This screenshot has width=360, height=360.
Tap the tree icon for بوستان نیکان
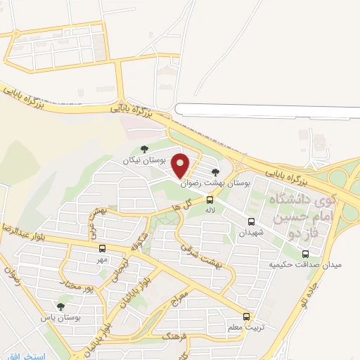pos(144,148)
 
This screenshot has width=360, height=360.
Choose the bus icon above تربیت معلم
pos(245,316)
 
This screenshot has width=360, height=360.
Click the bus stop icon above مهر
pos(103,248)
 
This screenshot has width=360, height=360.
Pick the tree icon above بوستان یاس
pos(60,306)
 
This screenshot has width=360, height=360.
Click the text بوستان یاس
pos(60,318)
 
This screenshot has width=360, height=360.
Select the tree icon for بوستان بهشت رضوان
pos(215,171)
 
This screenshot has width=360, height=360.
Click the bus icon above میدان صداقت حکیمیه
pos(305,254)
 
